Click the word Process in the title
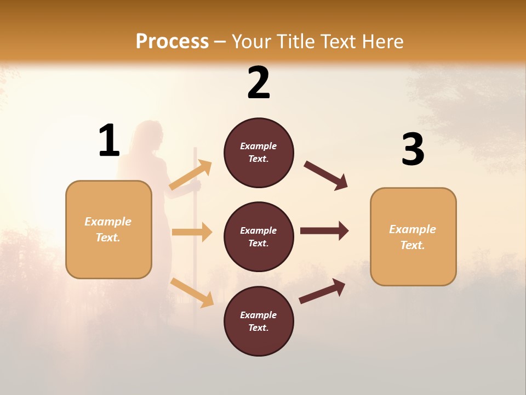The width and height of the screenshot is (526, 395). click(172, 42)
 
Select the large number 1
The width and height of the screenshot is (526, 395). click(109, 140)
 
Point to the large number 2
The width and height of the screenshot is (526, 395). click(259, 83)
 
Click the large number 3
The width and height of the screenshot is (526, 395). click(413, 150)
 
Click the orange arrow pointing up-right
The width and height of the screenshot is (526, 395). click(191, 175)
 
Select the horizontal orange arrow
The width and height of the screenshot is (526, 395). click(192, 232)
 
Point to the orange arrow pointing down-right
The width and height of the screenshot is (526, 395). click(192, 292)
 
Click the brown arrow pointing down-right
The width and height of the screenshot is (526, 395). click(326, 176)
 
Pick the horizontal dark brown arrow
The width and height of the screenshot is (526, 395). click(324, 231)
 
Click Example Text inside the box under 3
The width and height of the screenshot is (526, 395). click(413, 237)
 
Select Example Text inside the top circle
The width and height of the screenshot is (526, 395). click(259, 153)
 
